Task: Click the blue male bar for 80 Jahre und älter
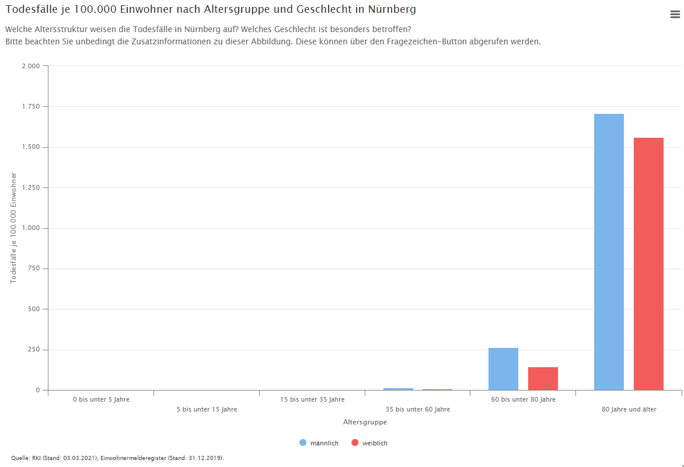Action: [x=609, y=252]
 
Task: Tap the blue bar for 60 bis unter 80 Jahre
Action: [x=503, y=369]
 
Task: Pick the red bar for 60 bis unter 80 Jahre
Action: [x=543, y=378]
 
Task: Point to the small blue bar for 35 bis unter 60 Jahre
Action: [x=398, y=389]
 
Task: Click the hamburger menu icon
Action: [x=675, y=15]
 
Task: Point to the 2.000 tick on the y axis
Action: [x=30, y=66]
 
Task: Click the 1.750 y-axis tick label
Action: [x=30, y=107]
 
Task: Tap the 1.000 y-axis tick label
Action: [x=30, y=228]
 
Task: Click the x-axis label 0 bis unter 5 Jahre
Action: [x=101, y=399]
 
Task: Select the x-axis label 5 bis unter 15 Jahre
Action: [x=207, y=409]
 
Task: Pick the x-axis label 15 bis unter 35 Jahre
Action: [x=312, y=399]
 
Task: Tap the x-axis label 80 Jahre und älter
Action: [x=629, y=409]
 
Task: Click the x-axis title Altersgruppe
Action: [x=365, y=421]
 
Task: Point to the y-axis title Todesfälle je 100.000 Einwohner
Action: [x=13, y=228]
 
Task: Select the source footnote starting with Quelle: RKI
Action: [x=117, y=458]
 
